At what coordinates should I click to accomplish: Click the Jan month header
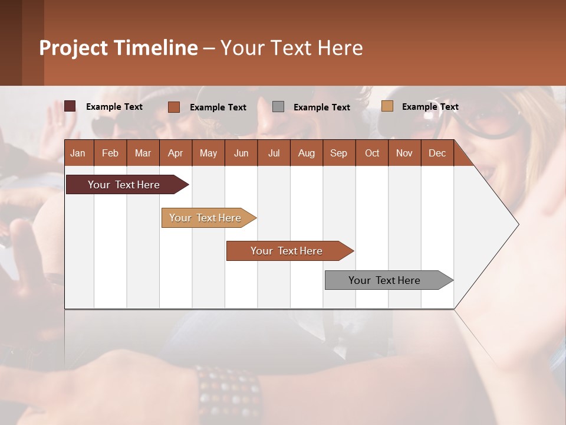coord(78,153)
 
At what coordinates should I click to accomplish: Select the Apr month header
coord(176,153)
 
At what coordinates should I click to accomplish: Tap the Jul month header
coord(274,153)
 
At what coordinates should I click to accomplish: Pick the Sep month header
coord(338,153)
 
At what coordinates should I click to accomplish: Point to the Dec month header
coord(437,153)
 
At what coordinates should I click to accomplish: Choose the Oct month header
coord(371,153)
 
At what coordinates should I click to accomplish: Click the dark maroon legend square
coord(70,106)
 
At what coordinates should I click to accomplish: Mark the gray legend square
coord(278,106)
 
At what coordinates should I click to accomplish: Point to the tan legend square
coord(387,106)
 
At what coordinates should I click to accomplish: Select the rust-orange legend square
coord(174,107)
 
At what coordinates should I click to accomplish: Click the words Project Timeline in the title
coord(118,48)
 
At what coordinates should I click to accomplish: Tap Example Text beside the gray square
coord(321,107)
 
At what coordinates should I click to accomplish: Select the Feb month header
coord(110,153)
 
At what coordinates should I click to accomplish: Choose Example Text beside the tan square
coord(430,107)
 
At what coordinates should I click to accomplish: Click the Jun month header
coord(241,153)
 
